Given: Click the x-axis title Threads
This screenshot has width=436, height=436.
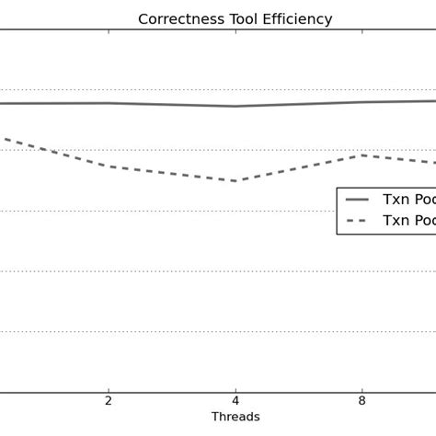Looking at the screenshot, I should point(235,417).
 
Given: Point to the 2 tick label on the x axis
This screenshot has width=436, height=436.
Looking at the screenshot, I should point(109,400).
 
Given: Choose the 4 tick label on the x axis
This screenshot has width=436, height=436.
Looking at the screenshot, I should point(235,400).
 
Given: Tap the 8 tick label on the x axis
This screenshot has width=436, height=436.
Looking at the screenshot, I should point(362,400).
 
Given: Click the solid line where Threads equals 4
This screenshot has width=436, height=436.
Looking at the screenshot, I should point(235,106).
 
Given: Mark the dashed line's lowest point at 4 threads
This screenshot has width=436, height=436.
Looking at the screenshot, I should point(235,180).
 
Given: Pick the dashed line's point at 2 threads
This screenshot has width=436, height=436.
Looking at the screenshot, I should point(109,166).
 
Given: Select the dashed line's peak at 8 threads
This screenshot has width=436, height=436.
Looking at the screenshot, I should point(362,155).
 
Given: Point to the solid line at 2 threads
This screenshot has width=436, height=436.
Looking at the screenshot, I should point(109,103).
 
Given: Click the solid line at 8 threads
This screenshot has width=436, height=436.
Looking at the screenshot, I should point(362,102).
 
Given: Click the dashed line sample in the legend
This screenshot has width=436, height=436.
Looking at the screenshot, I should point(357,221).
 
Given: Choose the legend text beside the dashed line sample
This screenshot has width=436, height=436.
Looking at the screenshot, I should point(408,221).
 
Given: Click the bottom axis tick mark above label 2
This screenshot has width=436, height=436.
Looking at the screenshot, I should point(109,389).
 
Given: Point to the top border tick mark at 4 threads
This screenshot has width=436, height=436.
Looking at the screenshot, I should point(235,32).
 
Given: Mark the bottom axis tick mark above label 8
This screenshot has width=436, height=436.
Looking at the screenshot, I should point(362,389).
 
